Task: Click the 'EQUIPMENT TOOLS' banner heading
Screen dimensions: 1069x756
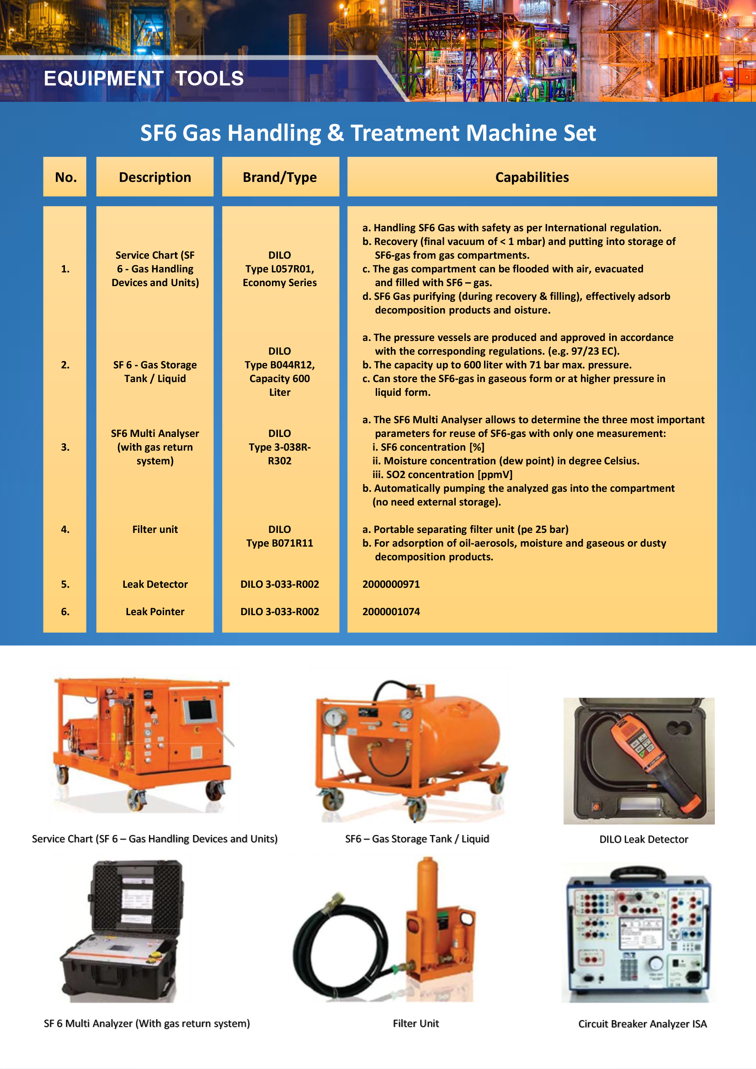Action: pos(144,78)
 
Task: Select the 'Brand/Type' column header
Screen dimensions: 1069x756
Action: pos(280,177)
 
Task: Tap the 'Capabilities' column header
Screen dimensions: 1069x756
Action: pos(532,177)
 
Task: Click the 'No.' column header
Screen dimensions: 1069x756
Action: pos(66,177)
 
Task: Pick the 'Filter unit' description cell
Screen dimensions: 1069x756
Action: pos(155,529)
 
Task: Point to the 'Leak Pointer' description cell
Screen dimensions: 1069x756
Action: pos(155,612)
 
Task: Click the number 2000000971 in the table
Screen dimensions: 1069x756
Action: pos(391,585)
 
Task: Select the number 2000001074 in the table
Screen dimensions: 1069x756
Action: pos(391,612)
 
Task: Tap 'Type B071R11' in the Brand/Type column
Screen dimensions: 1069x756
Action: pos(280,543)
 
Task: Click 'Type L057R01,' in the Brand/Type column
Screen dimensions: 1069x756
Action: pos(280,269)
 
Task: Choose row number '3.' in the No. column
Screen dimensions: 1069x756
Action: pos(65,447)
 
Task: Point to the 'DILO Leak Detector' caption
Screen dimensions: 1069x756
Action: pos(644,840)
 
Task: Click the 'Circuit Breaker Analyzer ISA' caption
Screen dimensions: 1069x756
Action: pos(642,1024)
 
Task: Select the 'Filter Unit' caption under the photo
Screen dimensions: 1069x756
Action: pos(415,1023)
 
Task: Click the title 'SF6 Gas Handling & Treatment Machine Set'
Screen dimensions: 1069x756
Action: pos(368,133)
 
